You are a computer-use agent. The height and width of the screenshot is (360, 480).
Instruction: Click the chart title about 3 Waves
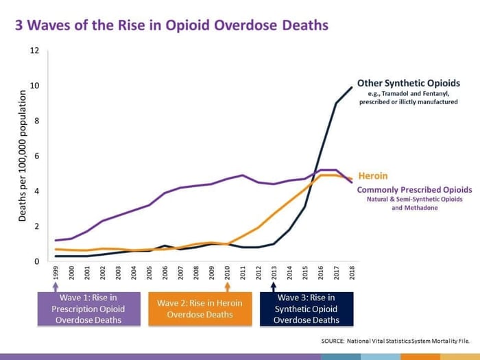click(171, 26)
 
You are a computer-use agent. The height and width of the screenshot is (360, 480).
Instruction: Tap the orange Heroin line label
click(374, 176)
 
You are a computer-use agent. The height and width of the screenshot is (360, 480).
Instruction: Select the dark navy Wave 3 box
click(307, 308)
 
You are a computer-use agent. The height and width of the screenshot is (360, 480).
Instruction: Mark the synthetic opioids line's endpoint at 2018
click(352, 87)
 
